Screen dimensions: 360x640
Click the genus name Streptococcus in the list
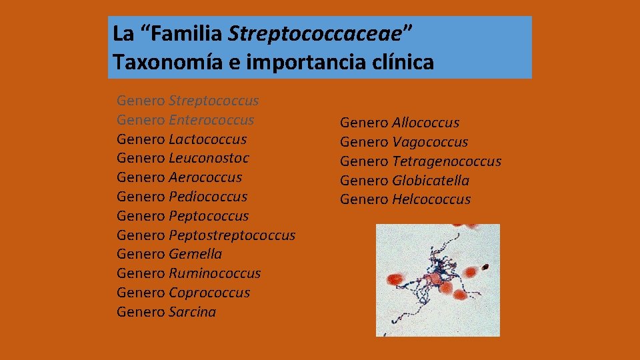point(213,101)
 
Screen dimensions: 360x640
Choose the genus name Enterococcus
point(211,120)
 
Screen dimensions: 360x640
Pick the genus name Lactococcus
point(207,139)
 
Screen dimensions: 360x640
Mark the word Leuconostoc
point(209,158)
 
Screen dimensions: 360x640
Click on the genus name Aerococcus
point(205,177)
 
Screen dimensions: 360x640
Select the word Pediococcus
point(208,197)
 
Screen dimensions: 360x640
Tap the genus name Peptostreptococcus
point(232,235)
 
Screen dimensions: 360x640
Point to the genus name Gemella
point(195,254)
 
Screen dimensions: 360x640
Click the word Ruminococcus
point(215,273)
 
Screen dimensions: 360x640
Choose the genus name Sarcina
point(193,312)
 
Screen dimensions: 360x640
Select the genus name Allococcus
point(425,123)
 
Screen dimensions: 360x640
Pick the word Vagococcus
point(430,142)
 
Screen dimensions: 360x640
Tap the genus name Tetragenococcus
point(447,161)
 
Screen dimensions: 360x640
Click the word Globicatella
point(431,181)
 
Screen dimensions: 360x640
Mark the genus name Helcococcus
point(431,199)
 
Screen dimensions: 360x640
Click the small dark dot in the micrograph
point(485,267)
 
